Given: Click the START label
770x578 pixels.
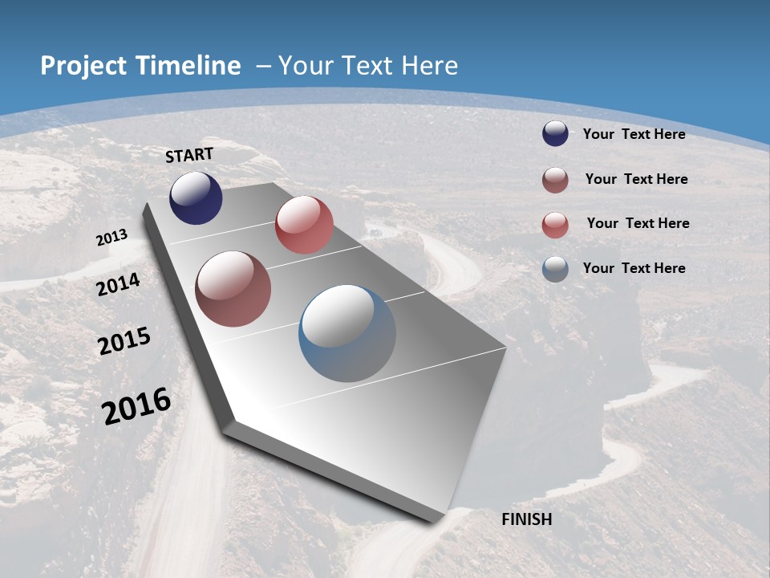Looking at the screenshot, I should [x=189, y=155].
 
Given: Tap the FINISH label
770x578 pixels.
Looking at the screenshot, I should [x=526, y=519].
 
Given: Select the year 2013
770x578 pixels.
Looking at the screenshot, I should [x=111, y=238].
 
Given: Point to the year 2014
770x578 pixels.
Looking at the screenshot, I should [x=119, y=284].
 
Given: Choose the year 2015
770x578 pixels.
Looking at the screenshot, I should [x=124, y=341].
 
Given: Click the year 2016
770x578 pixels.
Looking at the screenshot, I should [x=136, y=406].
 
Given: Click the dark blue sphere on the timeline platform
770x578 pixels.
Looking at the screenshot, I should [x=196, y=198].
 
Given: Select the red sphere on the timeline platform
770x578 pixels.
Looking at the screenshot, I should [x=304, y=225].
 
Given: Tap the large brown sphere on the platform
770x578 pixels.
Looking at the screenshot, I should [x=233, y=289].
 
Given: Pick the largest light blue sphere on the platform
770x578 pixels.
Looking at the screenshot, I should [x=347, y=333].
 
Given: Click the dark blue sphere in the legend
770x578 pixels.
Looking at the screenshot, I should [x=555, y=134].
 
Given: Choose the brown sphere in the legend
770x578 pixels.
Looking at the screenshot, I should [x=555, y=179].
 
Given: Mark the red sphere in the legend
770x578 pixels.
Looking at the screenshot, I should [x=555, y=224].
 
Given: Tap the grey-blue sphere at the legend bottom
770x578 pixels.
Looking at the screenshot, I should [x=555, y=269].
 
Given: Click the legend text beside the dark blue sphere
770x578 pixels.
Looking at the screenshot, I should [x=634, y=134].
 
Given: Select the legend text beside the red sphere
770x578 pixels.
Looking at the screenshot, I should [x=638, y=223].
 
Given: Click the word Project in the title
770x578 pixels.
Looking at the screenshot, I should [x=82, y=66].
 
